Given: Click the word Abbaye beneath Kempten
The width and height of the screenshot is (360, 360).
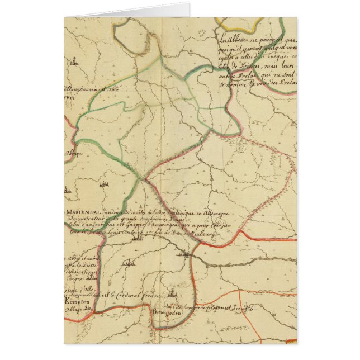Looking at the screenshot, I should point(74,307).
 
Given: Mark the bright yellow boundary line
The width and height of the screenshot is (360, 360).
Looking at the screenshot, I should point(240,25).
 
